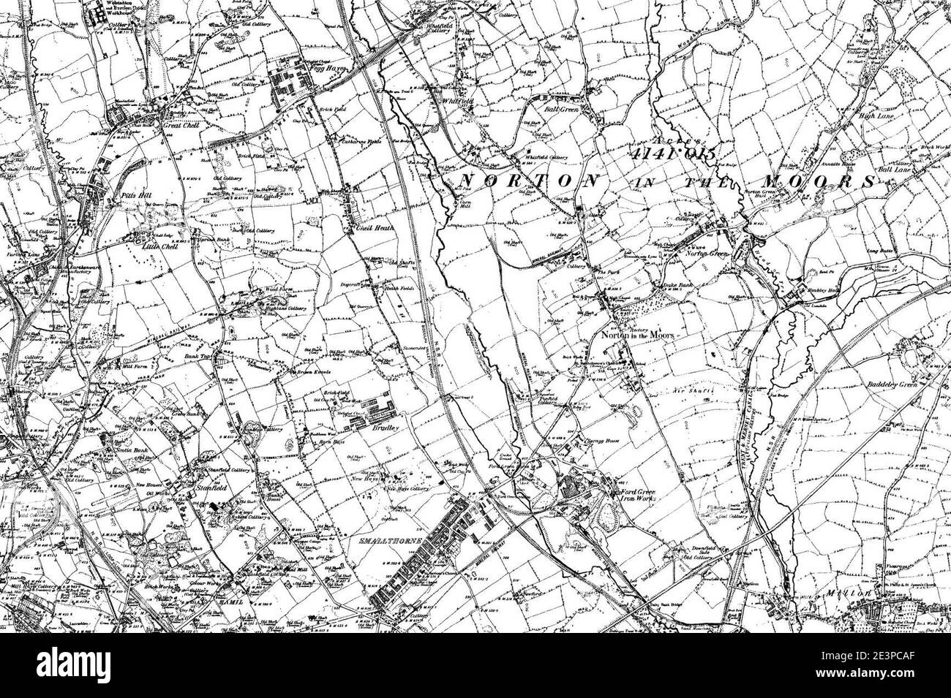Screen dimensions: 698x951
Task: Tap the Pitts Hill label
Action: tap(124, 197)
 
